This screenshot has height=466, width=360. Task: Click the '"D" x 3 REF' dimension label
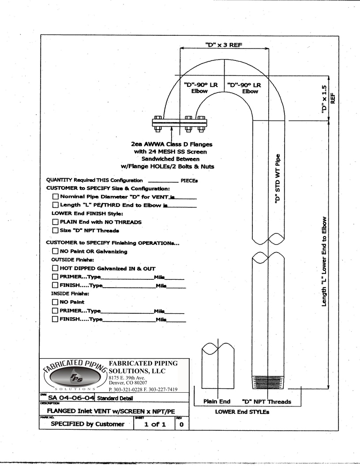pos(224,45)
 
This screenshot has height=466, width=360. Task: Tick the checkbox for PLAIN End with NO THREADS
pos(55,222)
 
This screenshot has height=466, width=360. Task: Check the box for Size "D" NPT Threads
pos(55,230)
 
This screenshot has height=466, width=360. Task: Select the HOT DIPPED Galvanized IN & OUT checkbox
pos(55,268)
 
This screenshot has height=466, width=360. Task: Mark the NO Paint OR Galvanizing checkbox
pos(55,251)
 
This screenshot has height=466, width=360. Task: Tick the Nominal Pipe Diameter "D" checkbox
pos(56,196)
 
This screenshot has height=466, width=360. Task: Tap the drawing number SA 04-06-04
pos(71,398)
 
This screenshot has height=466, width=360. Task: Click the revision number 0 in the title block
pos(181,425)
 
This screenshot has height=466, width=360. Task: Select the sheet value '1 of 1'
pos(155,425)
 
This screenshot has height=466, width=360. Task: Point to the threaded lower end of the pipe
pos(268,382)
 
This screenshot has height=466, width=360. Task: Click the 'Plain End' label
pos(217,402)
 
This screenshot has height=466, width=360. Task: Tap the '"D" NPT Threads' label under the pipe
pos(266,402)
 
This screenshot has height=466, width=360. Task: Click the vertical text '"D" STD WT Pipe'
pos(278,179)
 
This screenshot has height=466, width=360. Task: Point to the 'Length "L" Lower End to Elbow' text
pos(324,261)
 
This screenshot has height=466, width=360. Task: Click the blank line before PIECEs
pos(163,182)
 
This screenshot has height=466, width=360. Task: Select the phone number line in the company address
pos(143,389)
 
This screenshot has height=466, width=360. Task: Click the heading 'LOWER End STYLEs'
pos(242,412)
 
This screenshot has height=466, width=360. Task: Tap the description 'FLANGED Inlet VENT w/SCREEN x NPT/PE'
pos(111,411)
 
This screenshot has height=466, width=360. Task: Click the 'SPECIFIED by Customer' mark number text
pos(88,424)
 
